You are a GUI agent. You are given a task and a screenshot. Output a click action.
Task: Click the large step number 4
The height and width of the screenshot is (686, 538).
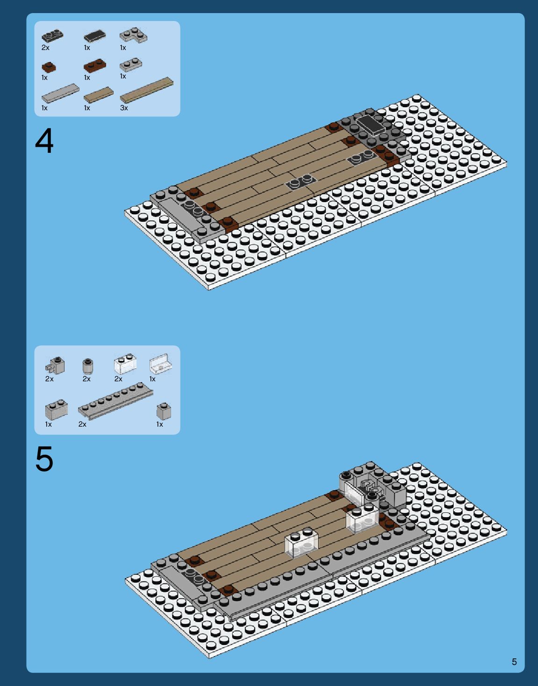pyautogui.click(x=44, y=141)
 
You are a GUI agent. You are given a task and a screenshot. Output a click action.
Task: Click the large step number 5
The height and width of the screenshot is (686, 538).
pyautogui.click(x=44, y=459)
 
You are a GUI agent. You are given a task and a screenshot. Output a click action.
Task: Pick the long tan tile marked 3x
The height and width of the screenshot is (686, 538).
pyautogui.click(x=147, y=90)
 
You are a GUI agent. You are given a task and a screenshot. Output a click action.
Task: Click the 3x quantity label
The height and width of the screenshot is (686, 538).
pyautogui.click(x=124, y=108)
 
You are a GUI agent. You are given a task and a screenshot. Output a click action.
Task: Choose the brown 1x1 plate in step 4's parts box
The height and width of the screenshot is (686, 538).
pyautogui.click(x=49, y=67)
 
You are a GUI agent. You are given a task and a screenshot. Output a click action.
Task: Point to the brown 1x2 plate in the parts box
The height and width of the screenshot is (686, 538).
pyautogui.click(x=95, y=65)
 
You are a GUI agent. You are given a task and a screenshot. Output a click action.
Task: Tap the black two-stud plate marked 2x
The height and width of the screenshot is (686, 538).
pyautogui.click(x=52, y=36)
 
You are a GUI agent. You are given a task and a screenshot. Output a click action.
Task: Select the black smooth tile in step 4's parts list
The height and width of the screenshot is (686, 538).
pyautogui.click(x=95, y=36)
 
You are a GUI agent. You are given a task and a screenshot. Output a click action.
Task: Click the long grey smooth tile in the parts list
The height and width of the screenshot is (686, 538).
pyautogui.click(x=60, y=93)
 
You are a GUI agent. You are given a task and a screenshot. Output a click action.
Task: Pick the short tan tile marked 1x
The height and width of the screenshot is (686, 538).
pyautogui.click(x=99, y=95)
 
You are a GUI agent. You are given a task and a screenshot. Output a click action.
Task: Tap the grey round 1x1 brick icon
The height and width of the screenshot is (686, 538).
pyautogui.click(x=87, y=365)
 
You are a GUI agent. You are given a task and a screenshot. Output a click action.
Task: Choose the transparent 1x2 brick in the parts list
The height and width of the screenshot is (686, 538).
pyautogui.click(x=125, y=364)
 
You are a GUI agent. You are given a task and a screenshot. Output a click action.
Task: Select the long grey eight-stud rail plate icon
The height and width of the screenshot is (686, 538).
pyautogui.click(x=115, y=401)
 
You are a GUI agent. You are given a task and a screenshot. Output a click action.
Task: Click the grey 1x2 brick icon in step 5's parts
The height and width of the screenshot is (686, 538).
pyautogui.click(x=57, y=409)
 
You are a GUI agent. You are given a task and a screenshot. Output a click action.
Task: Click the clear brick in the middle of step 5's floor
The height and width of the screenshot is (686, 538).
pyautogui.click(x=301, y=543)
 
